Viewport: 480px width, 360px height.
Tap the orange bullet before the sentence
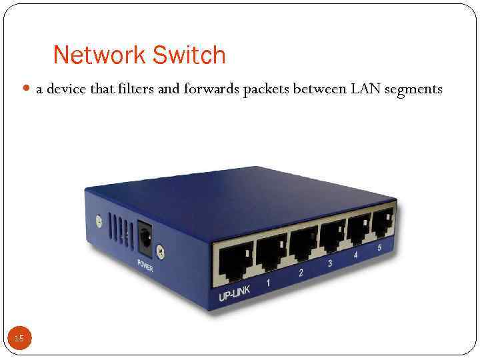(x=27, y=88)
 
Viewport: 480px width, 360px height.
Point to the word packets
(x=267, y=89)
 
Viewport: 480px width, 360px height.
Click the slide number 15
(x=19, y=339)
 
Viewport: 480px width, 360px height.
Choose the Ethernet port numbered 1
(x=272, y=250)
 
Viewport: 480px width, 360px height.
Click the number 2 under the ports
(x=301, y=272)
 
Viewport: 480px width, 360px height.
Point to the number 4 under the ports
(x=355, y=255)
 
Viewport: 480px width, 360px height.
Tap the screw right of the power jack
(x=161, y=251)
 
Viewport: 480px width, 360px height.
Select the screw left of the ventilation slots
(x=99, y=219)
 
